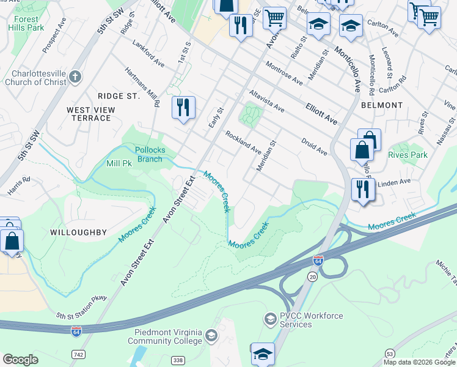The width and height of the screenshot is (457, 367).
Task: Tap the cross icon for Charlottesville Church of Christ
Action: tap(75, 76)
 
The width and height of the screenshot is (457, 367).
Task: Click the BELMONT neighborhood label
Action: tap(382, 105)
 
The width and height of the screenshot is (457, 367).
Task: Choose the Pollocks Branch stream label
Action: tap(141, 155)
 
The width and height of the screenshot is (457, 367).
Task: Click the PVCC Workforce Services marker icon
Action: tap(270, 319)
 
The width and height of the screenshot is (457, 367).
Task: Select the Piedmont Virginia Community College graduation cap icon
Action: tap(211, 335)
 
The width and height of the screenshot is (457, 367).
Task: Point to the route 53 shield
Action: tap(390, 354)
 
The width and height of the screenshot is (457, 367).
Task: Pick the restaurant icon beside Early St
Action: tap(183, 108)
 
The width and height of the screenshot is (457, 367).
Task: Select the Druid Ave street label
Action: tap(314, 146)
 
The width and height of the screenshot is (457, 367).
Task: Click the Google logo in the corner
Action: tap(20, 360)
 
